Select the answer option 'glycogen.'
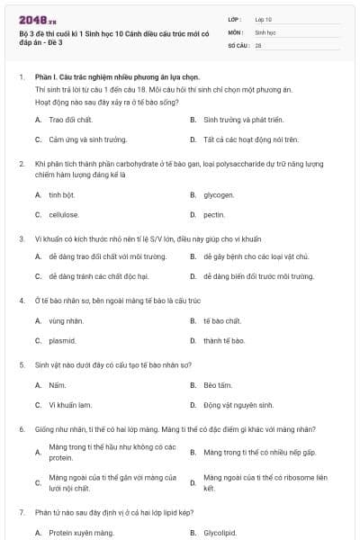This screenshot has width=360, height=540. tap(219, 194)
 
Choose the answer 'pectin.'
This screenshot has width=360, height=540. tap(214, 215)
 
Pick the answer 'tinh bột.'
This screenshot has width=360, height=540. tap(62, 194)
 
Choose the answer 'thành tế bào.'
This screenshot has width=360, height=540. tap(224, 341)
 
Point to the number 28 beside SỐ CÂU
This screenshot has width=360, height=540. tap(258, 44)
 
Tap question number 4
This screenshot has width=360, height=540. tap(21, 300)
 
